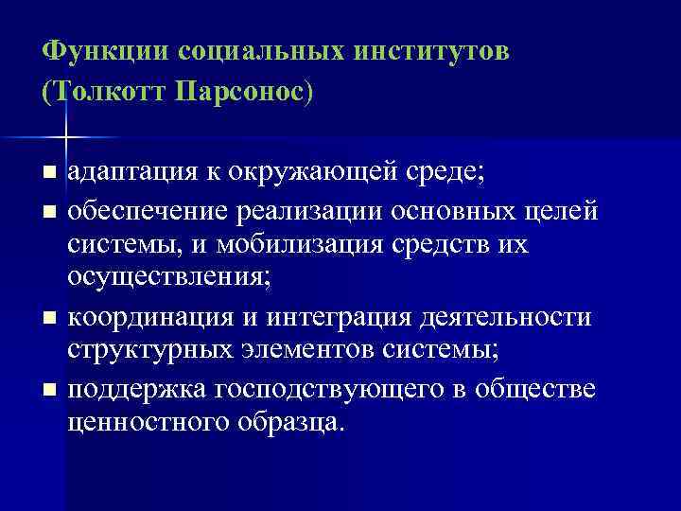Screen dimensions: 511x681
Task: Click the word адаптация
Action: [x=131, y=172]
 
